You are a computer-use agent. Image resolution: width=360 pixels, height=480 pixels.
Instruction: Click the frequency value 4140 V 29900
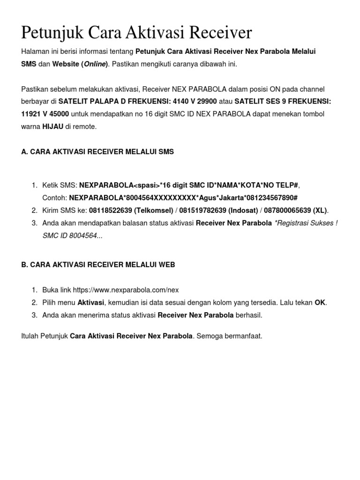click(x=195, y=101)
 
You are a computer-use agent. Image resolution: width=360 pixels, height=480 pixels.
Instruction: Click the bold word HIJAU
click(x=52, y=127)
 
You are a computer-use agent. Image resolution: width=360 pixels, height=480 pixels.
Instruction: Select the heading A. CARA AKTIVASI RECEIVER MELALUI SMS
click(x=97, y=152)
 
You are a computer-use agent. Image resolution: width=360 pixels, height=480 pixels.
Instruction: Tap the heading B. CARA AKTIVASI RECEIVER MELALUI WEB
click(x=98, y=264)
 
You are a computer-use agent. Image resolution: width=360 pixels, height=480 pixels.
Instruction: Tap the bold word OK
click(x=320, y=302)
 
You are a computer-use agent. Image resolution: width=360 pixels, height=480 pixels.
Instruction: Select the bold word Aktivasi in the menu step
click(x=91, y=302)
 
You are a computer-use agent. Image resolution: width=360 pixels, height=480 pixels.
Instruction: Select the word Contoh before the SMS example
click(x=54, y=198)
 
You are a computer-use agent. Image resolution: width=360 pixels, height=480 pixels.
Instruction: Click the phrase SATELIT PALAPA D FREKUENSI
click(x=114, y=101)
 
